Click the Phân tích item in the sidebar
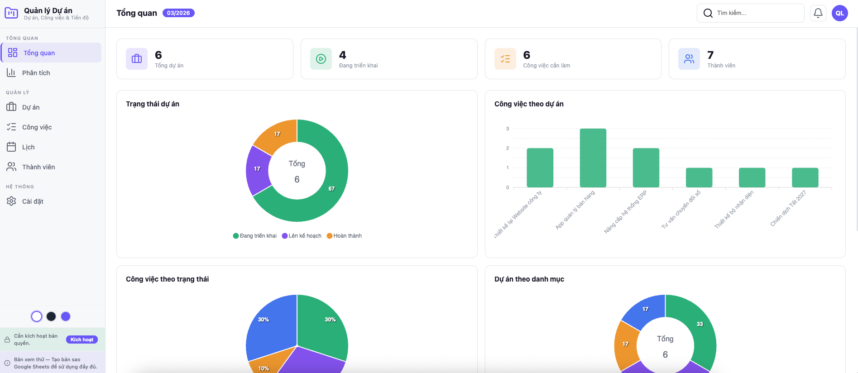click(36, 73)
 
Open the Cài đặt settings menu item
click(33, 201)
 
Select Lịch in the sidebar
click(28, 147)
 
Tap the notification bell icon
click(818, 13)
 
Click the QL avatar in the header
click(839, 13)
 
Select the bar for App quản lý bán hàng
click(593, 158)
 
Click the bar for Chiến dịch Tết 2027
click(805, 177)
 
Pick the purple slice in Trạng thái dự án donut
click(257, 169)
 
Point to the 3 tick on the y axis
click(508, 129)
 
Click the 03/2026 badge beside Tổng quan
click(178, 13)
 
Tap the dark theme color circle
click(51, 316)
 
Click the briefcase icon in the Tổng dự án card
click(137, 59)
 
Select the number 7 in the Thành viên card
click(710, 55)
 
